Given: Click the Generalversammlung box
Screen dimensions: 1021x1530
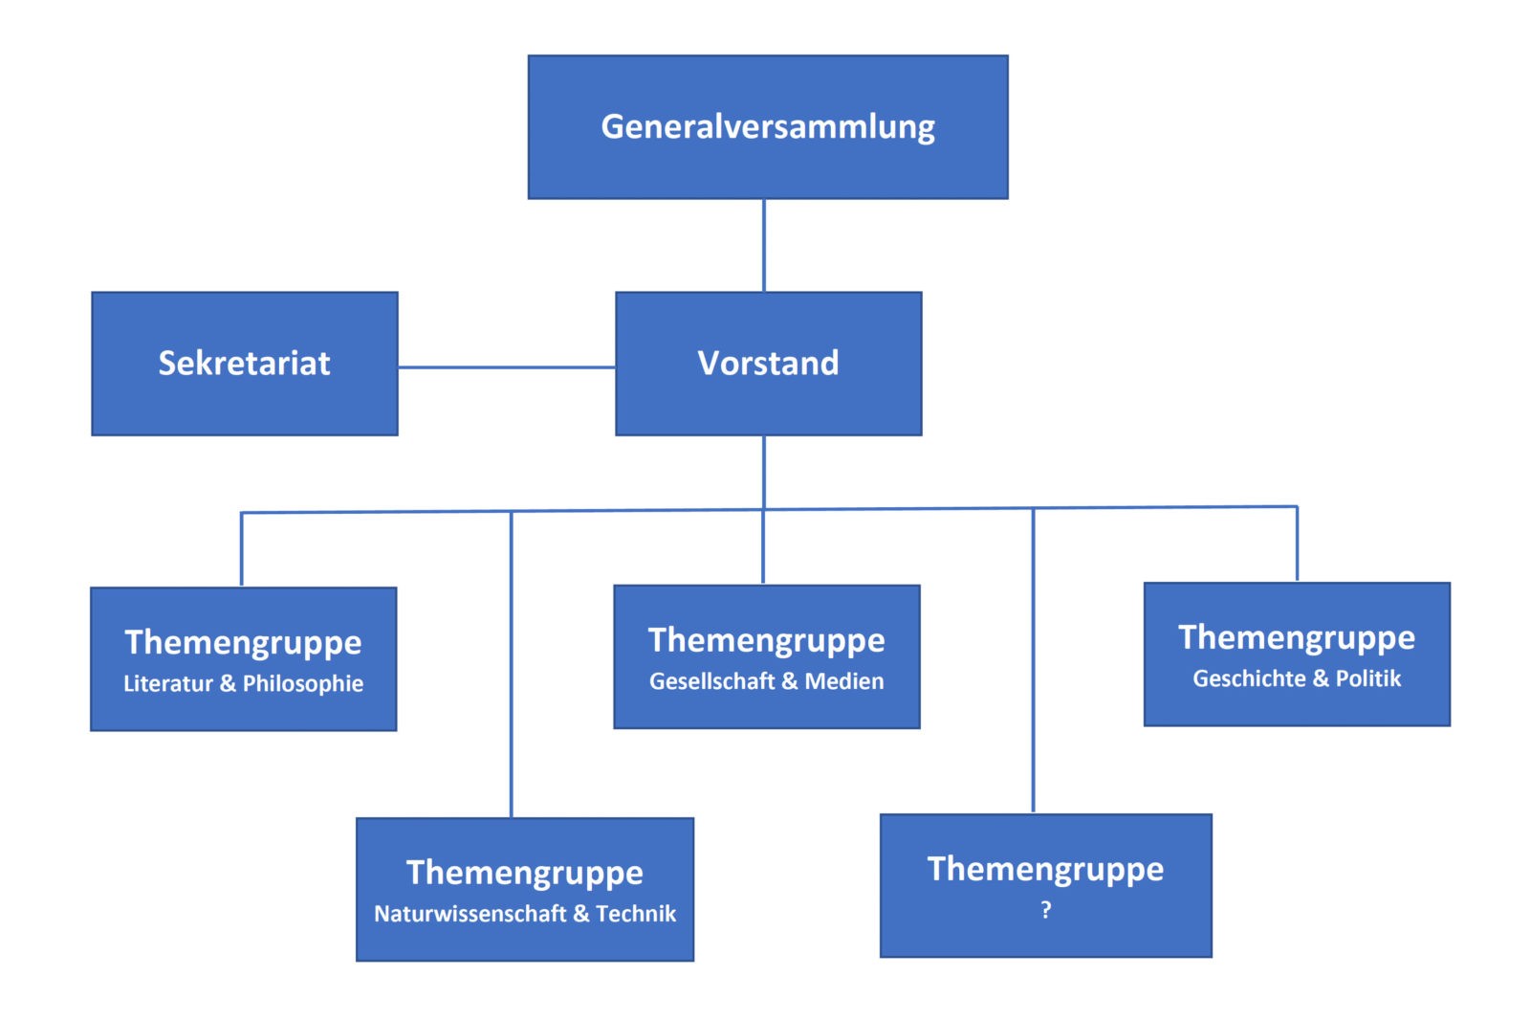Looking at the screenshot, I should (768, 127).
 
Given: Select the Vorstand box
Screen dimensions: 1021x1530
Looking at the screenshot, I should (768, 364).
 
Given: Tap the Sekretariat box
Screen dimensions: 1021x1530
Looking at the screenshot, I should (244, 364).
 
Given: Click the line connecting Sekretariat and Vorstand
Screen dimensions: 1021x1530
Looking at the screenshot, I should (507, 366).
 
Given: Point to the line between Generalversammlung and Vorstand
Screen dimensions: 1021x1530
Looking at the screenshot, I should (764, 245).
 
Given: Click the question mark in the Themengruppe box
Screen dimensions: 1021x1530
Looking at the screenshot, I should (1046, 910).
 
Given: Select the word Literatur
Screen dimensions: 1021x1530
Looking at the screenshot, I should (167, 683).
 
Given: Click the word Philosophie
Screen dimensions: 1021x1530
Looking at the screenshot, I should (303, 683).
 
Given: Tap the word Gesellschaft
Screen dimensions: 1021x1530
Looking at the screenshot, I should (711, 681).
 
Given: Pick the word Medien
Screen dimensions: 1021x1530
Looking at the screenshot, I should (844, 681).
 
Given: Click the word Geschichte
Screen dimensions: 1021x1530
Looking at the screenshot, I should (1249, 678).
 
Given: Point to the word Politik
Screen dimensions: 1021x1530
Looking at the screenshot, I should (1368, 678).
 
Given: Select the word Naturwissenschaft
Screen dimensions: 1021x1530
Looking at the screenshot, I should (470, 914).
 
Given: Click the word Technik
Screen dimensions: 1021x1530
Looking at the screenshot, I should (636, 914).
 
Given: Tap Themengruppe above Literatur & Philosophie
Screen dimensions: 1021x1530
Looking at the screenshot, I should (243, 642).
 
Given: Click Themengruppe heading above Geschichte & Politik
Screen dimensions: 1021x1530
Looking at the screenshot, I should (1297, 637).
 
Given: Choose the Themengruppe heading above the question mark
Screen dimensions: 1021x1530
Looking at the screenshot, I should (1046, 869).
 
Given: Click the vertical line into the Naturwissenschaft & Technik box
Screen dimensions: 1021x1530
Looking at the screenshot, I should (512, 670).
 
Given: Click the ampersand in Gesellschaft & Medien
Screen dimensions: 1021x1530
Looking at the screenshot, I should (789, 681).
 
